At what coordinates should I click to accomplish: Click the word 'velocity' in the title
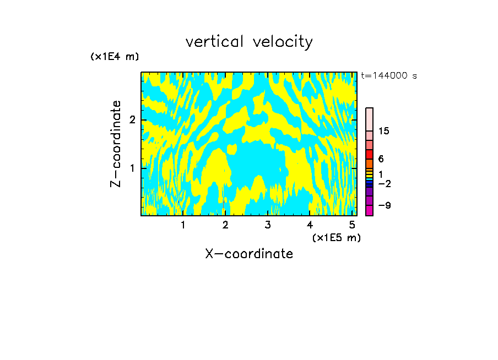(x=283, y=42)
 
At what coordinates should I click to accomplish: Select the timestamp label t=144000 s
(x=388, y=76)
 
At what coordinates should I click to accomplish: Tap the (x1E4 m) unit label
(x=115, y=57)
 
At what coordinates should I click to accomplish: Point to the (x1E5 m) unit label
(x=336, y=237)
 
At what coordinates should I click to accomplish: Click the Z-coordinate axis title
(x=116, y=144)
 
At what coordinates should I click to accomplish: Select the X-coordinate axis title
(x=249, y=254)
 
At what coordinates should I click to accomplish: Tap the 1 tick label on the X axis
(x=183, y=225)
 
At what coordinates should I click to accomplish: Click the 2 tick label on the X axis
(x=225, y=225)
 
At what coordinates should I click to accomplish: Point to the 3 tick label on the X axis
(x=268, y=225)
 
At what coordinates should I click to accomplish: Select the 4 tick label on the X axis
(x=310, y=225)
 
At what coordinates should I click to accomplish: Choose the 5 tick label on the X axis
(x=352, y=225)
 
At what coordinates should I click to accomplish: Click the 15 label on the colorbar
(x=384, y=131)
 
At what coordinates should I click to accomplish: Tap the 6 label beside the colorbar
(x=381, y=159)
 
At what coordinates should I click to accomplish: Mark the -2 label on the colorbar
(x=384, y=183)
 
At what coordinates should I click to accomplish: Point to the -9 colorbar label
(x=384, y=205)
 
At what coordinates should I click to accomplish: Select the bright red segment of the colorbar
(x=370, y=154)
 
